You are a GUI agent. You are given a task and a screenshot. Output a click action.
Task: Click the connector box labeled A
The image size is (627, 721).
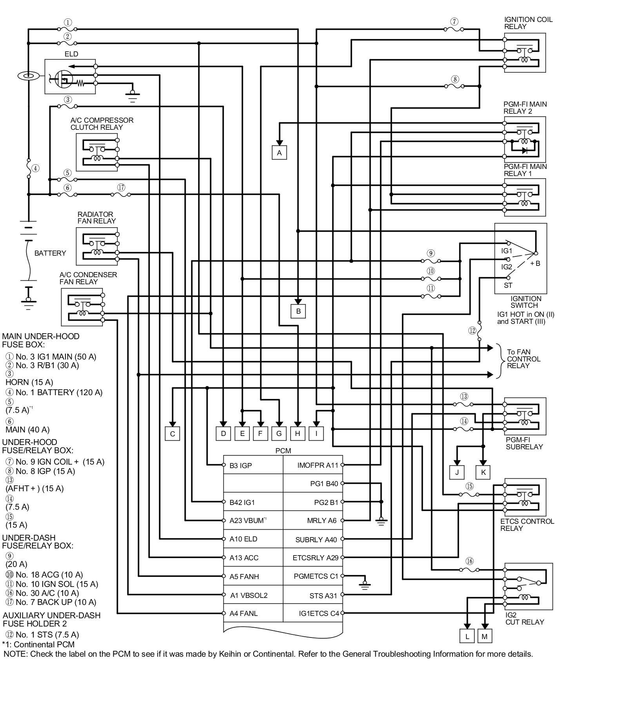coord(279,153)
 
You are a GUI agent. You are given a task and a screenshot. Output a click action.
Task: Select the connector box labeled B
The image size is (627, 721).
coord(298,311)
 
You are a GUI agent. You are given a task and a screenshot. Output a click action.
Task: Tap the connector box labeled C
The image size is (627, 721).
coord(172,434)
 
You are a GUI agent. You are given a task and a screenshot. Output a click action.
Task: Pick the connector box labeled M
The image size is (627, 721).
coord(484,636)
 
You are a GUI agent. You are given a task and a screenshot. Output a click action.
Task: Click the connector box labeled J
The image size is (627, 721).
coord(457,472)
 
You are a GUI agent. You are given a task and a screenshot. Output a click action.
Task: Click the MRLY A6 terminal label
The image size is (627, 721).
coord(322,521)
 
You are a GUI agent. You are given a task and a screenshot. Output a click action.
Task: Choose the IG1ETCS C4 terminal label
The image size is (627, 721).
coord(319,613)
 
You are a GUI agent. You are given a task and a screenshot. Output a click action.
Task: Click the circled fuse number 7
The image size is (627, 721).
coord(454,22)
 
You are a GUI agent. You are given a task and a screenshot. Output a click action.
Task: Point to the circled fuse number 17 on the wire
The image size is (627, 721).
coord(121,187)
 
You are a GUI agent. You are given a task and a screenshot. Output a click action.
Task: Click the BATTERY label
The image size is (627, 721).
coord(50,253)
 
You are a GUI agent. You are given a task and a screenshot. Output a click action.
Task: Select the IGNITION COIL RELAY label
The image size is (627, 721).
coord(528,23)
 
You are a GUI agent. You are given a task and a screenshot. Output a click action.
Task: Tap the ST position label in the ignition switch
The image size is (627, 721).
coord(508,285)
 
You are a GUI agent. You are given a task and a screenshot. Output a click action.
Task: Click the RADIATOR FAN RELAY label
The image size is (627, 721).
coord(96,218)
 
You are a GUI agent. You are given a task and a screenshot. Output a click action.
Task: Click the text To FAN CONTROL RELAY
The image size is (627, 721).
coord(523,359)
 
